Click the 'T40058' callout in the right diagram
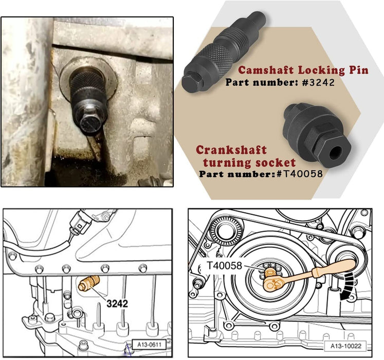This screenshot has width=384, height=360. [x=224, y=265]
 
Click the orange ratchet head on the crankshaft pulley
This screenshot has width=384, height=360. [x=271, y=282]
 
